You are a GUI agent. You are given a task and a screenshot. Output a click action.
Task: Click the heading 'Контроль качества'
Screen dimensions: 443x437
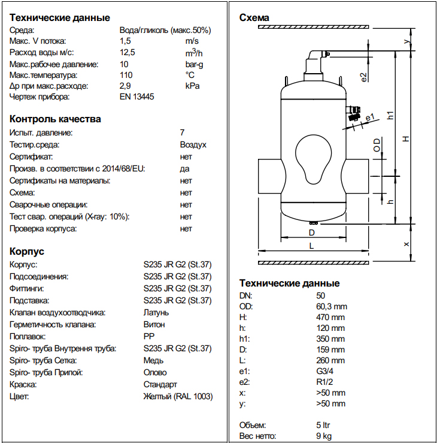[x=55, y=119]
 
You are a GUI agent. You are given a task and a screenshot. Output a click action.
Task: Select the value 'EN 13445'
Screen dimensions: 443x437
[x=137, y=97]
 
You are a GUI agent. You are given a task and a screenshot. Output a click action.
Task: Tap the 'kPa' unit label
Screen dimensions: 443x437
[x=192, y=86]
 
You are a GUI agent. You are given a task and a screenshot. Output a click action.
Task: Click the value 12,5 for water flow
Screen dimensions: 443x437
[x=128, y=53]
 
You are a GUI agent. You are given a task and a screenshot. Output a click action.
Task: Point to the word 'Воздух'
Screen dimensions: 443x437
[x=193, y=144]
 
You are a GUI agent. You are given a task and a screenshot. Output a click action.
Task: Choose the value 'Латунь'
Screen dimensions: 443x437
[x=157, y=312]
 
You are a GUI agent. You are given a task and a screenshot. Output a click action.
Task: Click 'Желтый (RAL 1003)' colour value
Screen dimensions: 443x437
[x=178, y=396]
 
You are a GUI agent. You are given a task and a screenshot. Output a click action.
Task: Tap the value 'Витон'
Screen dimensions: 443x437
[x=154, y=324]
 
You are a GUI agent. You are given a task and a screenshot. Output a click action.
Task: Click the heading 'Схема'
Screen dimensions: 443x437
[x=254, y=17]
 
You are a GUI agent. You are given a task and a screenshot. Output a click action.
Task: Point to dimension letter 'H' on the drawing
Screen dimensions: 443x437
[x=406, y=138]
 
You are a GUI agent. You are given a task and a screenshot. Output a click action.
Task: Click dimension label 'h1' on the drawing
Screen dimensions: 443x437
[x=390, y=115]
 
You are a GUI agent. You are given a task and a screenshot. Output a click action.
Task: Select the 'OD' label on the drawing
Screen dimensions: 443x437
[x=377, y=145]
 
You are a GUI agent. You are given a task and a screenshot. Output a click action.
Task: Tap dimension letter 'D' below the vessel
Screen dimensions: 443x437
[x=311, y=232]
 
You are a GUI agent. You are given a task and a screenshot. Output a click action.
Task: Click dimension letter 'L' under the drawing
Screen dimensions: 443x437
[x=312, y=246]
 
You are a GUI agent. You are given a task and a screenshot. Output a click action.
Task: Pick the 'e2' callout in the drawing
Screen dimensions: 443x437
[x=363, y=76]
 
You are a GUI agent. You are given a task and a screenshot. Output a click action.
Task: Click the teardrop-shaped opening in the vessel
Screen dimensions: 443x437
[x=311, y=155]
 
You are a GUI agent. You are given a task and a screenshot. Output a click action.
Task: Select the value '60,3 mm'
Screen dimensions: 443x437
[x=331, y=306]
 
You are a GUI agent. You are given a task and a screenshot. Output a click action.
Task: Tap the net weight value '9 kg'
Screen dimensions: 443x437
[x=324, y=436]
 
